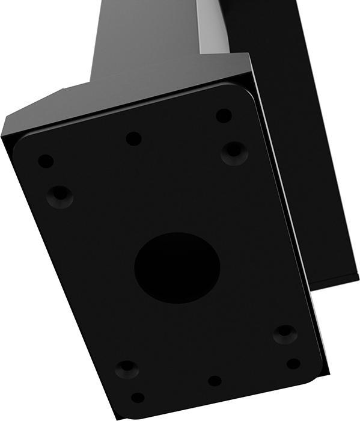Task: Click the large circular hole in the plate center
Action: [x=177, y=268]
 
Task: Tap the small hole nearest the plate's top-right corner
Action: [x=224, y=115]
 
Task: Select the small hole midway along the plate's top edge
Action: [x=133, y=138]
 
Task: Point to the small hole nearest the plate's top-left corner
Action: [x=46, y=161]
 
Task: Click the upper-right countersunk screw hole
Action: [x=234, y=152]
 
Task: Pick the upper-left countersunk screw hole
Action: [x=59, y=195]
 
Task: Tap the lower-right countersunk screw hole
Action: [x=284, y=334]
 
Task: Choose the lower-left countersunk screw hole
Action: [x=127, y=369]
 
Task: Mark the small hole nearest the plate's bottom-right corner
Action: [x=293, y=364]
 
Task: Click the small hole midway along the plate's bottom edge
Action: [x=215, y=381]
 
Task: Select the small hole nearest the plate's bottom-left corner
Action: [x=138, y=398]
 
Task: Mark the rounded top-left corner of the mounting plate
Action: [x=19, y=140]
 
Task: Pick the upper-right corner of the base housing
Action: [x=248, y=55]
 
